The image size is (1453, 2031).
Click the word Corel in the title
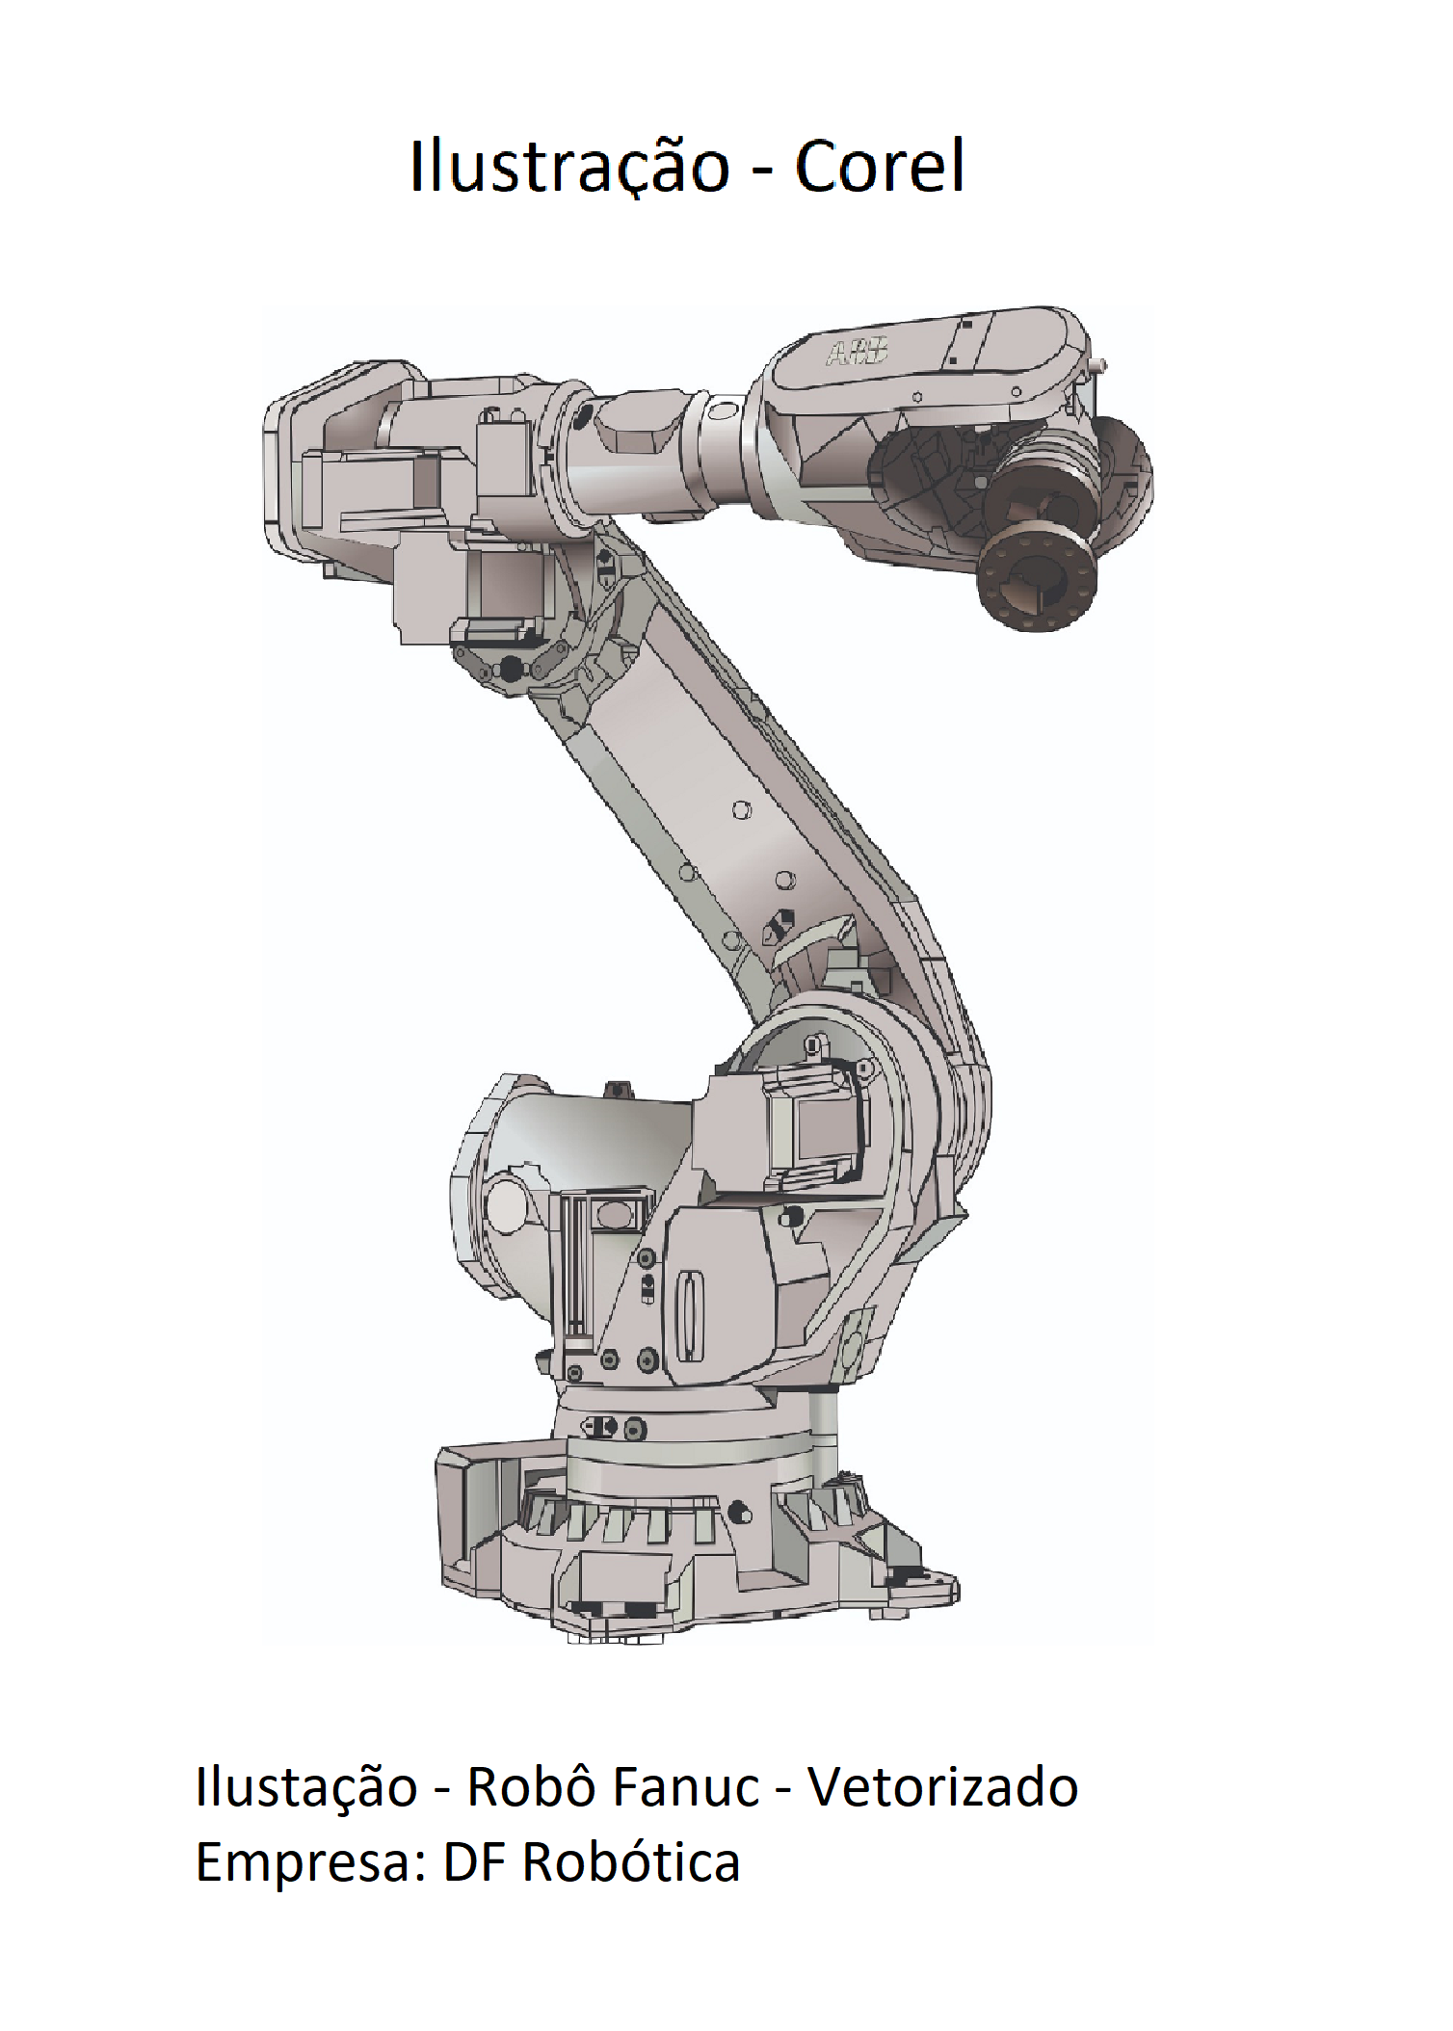click(879, 167)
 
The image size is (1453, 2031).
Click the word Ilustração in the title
click(569, 167)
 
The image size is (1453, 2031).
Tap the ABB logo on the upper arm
click(856, 353)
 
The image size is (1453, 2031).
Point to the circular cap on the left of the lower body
click(505, 1203)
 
